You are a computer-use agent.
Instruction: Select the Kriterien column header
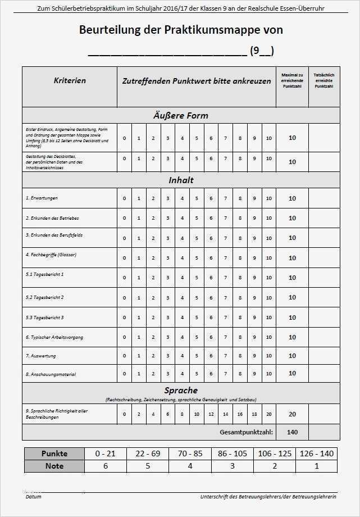pos(70,81)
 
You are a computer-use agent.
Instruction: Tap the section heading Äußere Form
pos(180,115)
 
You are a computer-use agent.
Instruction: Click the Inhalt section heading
pos(180,180)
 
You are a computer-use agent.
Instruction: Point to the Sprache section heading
pos(180,390)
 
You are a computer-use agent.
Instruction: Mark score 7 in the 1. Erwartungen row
pos(225,198)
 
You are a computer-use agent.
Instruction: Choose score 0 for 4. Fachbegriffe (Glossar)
pos(125,258)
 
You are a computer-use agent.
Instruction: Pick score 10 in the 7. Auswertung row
pos(268,356)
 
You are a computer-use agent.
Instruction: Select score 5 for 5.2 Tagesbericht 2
pos(197,298)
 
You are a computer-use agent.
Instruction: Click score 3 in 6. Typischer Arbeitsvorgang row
pos(167,338)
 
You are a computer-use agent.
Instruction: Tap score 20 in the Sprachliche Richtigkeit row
pos(268,414)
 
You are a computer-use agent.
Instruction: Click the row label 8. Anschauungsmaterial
pos(51,374)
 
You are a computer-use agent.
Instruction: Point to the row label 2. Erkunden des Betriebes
pos(52,217)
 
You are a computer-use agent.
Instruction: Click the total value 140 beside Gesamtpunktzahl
pos(292,432)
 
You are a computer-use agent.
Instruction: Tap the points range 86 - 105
pos(232,453)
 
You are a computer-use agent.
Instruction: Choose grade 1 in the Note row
pos(317,466)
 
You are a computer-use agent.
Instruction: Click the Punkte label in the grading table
pos(54,453)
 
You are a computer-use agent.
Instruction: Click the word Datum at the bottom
pos(33,497)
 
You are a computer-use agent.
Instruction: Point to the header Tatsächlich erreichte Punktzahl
pos(323,81)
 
